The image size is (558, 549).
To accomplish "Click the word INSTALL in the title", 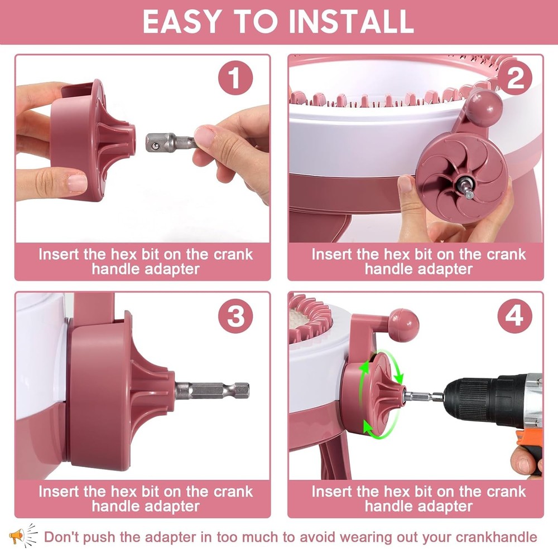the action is click(351, 21).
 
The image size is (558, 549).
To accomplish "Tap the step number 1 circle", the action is click(235, 78).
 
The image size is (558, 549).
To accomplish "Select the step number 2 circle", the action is click(514, 78).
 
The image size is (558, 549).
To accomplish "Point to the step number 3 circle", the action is click(235, 316).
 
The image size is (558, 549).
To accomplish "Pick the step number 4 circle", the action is click(514, 316).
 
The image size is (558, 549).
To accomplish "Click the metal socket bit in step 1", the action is click(171, 142).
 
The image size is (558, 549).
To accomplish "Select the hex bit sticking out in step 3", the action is click(212, 390).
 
